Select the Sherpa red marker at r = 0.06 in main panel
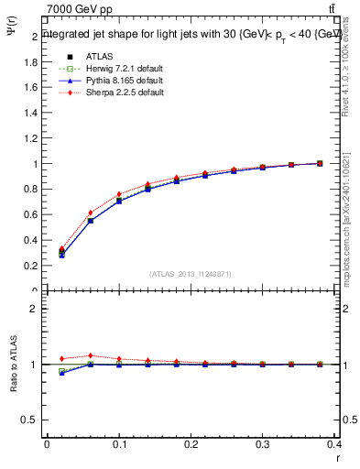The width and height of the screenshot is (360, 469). coord(90,213)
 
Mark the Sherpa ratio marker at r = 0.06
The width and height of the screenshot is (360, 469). coord(90,355)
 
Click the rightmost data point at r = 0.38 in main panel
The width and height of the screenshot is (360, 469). coord(319,163)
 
